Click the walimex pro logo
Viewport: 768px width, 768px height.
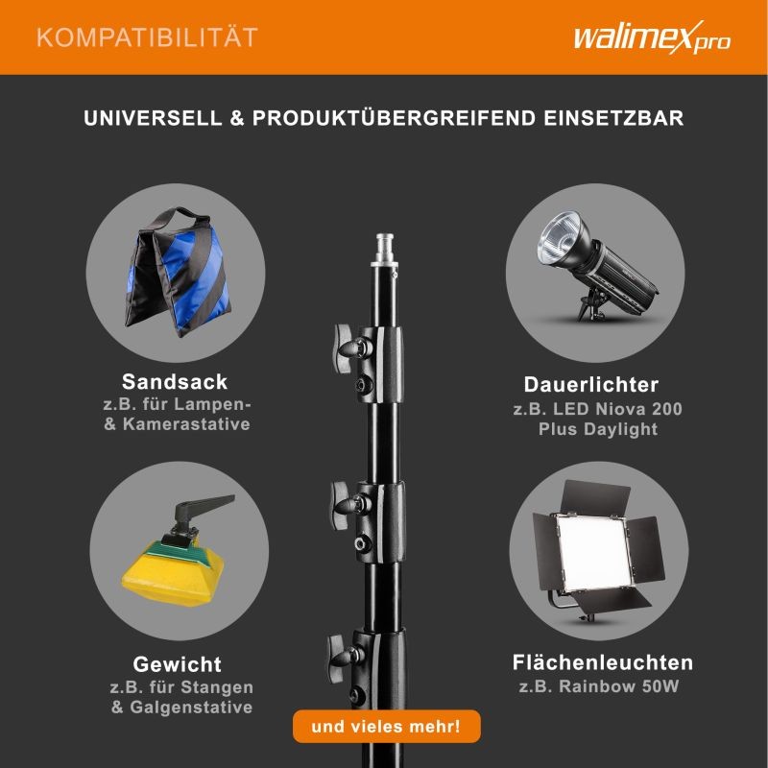point(652,37)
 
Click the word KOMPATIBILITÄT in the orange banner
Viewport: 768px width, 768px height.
point(148,37)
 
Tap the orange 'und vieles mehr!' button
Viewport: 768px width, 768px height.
point(387,726)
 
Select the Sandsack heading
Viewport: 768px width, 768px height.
point(175,381)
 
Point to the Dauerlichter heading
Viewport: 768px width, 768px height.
point(591,385)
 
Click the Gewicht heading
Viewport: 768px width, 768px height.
point(178,664)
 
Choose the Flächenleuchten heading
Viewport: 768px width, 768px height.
point(603,662)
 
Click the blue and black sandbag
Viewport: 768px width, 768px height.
point(178,273)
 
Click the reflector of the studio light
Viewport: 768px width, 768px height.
point(562,238)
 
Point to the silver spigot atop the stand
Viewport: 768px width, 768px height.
point(385,251)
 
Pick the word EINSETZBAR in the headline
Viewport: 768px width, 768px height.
point(613,118)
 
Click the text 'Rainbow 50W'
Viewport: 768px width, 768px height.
point(619,685)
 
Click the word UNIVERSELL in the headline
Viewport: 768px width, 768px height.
point(153,118)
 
